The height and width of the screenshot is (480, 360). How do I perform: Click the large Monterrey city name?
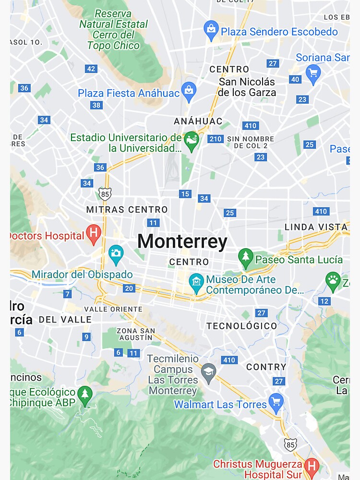182,241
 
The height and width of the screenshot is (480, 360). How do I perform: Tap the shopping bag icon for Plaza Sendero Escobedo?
211,30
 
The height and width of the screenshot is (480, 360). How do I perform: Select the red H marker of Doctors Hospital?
94,234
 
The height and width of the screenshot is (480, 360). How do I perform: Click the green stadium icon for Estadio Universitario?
192,141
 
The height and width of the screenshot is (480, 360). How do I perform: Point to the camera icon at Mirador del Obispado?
116,254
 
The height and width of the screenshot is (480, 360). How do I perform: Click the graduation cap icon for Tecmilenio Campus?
208,372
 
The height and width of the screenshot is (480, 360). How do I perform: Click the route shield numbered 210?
216,139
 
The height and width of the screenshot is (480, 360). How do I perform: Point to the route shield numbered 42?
91,69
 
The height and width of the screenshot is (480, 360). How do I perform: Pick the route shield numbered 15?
185,194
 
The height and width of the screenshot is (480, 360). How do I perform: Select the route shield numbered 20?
129,288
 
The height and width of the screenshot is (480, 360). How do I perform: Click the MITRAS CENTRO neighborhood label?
127,210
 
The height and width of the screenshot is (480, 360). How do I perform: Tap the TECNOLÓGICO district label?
242,326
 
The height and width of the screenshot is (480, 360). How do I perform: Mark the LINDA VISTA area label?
316,227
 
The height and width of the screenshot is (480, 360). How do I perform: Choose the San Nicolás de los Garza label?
247,87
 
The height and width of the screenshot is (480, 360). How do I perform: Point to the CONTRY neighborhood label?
266,367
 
